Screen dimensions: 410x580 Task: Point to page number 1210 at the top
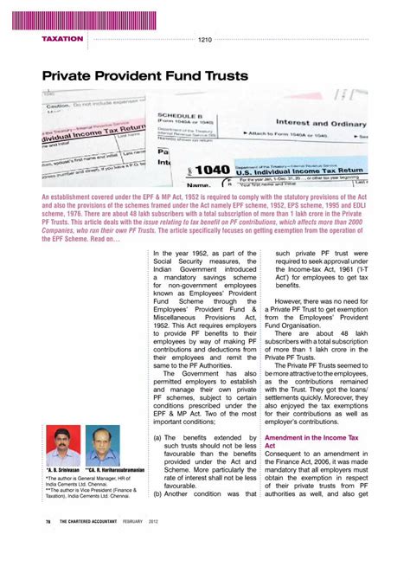tap(205, 39)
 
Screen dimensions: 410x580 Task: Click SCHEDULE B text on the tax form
tap(180, 114)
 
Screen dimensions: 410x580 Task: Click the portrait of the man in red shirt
tap(62, 446)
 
